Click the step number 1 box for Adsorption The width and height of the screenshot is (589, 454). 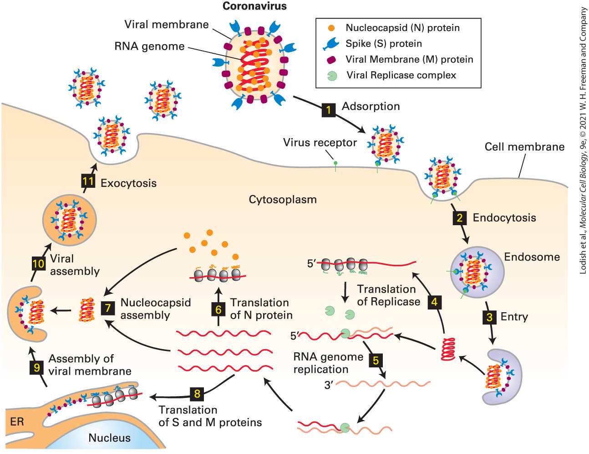point(329,110)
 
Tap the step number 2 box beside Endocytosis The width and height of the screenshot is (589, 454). point(460,218)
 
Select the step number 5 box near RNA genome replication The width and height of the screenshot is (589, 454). point(376,360)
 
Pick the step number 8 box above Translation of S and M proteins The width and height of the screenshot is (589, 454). point(197,394)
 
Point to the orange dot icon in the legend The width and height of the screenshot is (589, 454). point(331,28)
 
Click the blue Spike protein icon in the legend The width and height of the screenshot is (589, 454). point(331,44)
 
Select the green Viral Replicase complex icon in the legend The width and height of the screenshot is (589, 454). point(332,76)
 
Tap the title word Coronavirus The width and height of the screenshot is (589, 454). point(254,6)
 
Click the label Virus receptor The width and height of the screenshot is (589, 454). point(320,143)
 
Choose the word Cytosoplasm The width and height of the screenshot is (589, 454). point(283,200)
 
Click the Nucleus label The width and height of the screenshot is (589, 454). point(110,438)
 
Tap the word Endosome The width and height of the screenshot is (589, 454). point(532,257)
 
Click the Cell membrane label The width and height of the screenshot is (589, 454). point(524,147)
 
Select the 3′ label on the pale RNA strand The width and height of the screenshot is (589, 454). point(329,385)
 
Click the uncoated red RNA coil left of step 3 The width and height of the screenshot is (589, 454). point(448,349)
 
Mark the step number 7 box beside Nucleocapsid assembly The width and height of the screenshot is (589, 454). point(108,308)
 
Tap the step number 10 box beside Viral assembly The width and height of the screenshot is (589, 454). point(39,263)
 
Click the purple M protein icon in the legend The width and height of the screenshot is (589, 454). point(331,60)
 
